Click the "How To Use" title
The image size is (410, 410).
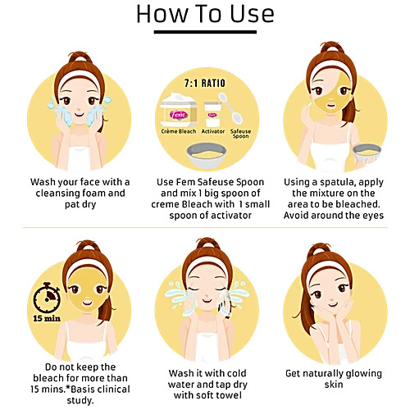[x=205, y=14]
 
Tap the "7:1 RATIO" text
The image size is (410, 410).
[x=205, y=83]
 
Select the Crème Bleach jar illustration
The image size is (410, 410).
[x=178, y=110]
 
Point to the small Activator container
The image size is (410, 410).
[x=212, y=114]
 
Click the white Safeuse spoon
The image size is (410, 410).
[x=231, y=108]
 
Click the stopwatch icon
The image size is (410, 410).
[x=47, y=298]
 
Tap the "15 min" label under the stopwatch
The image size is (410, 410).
[x=47, y=318]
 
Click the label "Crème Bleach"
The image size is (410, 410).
[x=179, y=131]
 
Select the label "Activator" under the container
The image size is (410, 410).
[x=213, y=131]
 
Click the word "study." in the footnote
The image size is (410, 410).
[x=80, y=401]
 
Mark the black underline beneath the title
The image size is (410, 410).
[x=205, y=32]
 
